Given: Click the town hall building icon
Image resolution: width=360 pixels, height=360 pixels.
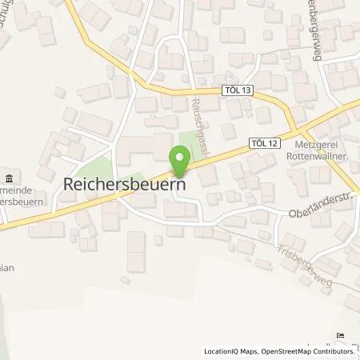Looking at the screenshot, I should tap(8, 178).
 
